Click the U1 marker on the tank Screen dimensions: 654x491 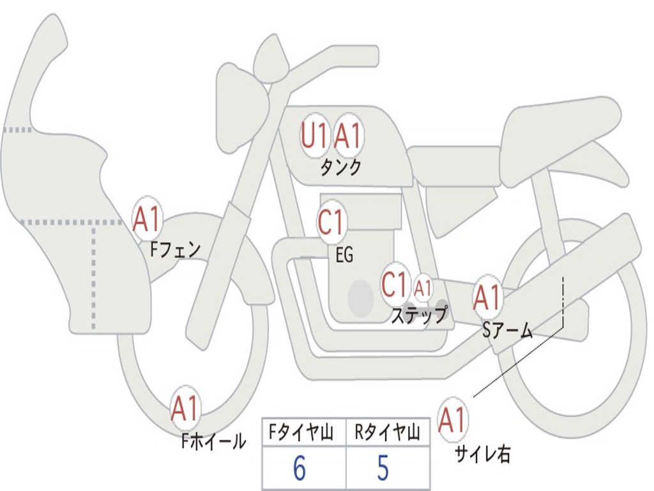point(314,136)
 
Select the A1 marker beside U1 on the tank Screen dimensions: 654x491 point(349,136)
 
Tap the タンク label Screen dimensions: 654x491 point(340,168)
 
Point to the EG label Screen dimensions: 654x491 point(344,255)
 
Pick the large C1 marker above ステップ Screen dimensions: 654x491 point(395,284)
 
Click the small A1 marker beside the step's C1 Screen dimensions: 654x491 point(423,288)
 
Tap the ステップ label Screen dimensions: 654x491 point(419,315)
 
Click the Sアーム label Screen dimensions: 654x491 point(508,329)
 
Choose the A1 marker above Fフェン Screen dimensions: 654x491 point(147,219)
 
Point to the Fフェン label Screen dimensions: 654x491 point(175,249)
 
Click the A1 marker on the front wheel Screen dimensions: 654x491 point(185,409)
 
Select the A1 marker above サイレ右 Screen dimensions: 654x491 point(452,419)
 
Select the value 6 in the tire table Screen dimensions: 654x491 point(299,469)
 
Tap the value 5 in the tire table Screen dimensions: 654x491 point(383,469)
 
